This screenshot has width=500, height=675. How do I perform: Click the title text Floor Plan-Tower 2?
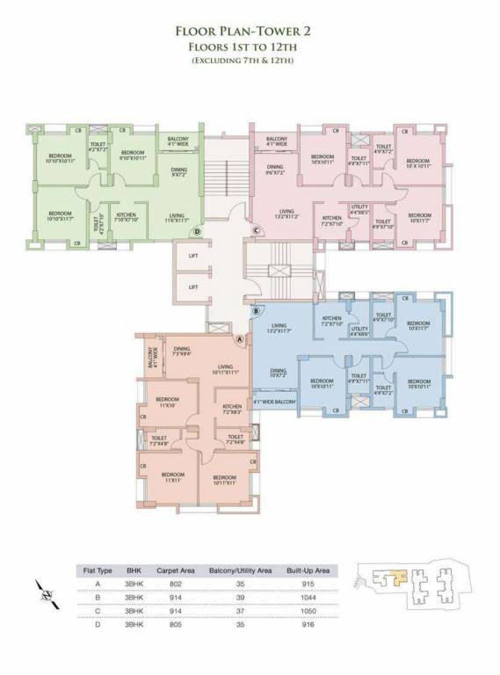pos(249,31)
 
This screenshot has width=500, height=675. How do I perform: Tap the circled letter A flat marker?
pos(240,339)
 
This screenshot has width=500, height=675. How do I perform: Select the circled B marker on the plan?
pos(256,311)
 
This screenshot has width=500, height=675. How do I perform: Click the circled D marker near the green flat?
pos(198,232)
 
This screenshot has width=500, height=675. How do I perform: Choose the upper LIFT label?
pos(193,255)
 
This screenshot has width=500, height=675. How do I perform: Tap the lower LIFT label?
pos(193,287)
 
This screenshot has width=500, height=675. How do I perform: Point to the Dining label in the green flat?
pos(178,171)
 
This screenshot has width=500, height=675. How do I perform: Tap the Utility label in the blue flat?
pos(359,330)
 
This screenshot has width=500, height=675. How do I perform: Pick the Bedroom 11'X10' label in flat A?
pos(166,403)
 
